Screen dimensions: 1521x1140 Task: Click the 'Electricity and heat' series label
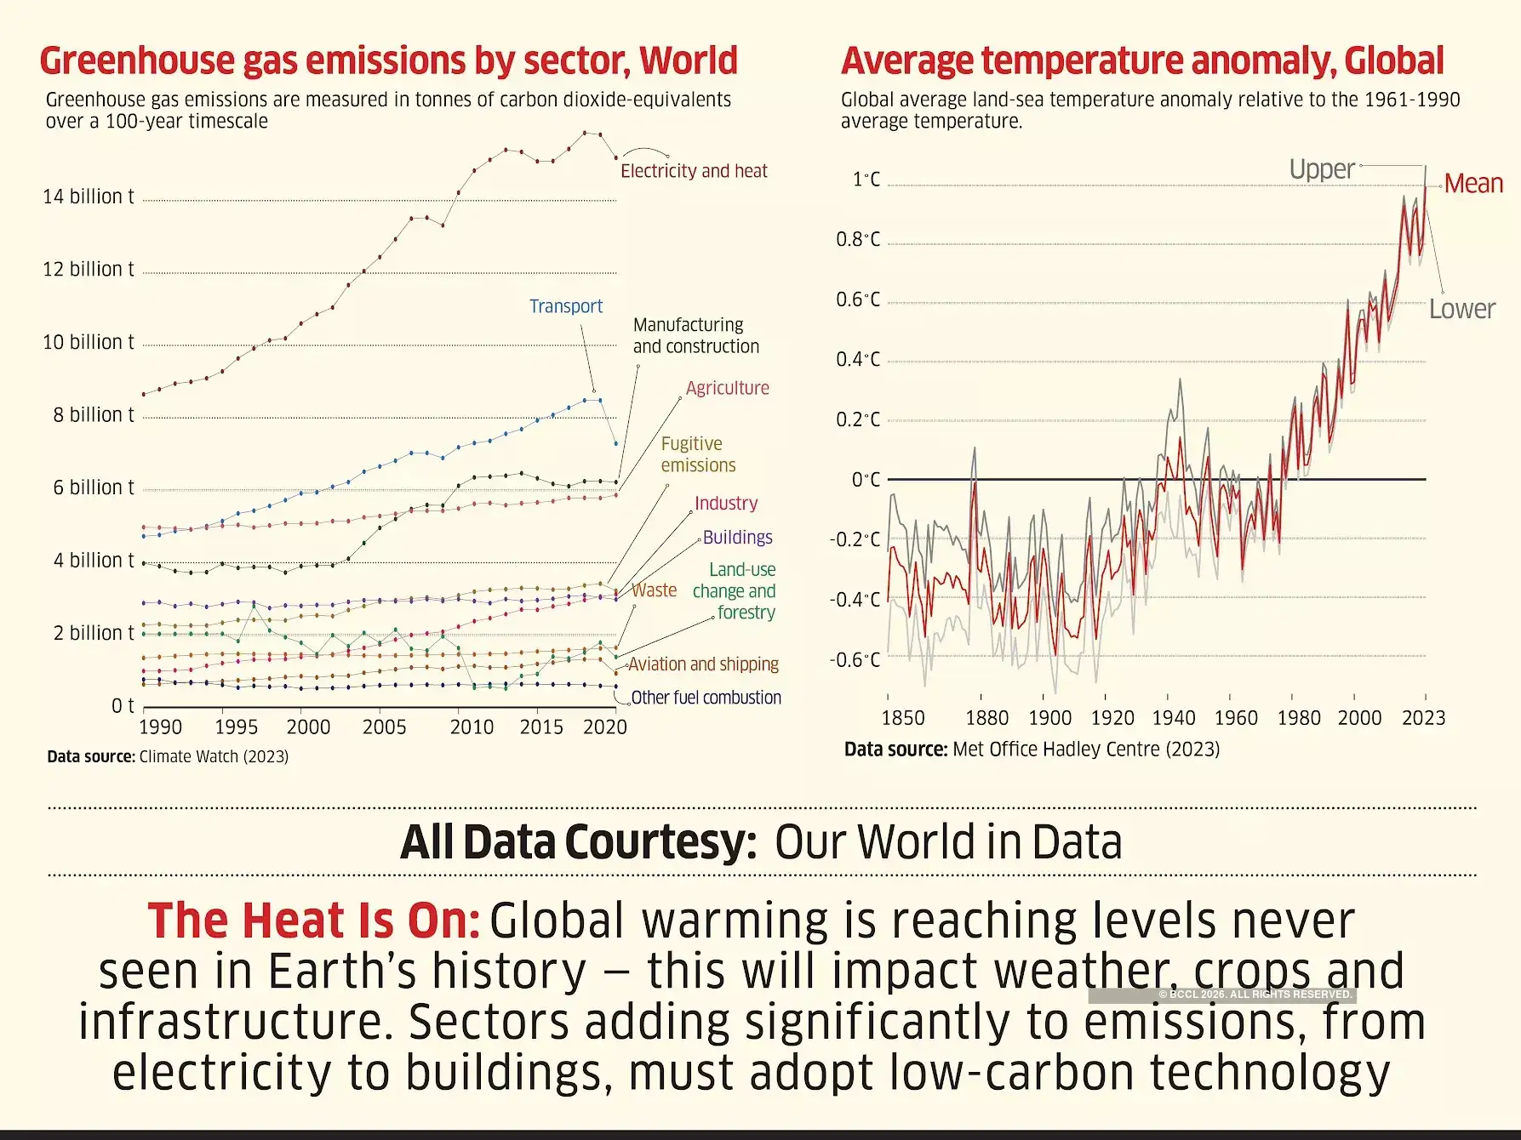694,171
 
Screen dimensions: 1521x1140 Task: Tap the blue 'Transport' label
565,306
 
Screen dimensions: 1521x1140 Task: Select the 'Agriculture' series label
727,388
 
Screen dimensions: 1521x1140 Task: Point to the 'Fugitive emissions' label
698,454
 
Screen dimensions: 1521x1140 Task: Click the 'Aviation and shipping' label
704,664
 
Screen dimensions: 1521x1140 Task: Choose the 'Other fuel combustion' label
706,698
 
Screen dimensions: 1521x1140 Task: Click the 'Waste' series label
654,590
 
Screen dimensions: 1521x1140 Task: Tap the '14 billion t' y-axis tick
89,197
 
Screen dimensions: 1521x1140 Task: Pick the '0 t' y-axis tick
123,706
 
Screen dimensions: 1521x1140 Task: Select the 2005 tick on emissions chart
384,727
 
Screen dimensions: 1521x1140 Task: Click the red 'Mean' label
1473,184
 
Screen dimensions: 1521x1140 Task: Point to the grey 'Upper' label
1321,169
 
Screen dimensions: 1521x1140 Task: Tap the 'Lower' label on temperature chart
1461,309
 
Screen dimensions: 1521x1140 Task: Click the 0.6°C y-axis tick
858,299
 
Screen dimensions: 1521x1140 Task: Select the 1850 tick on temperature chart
902,718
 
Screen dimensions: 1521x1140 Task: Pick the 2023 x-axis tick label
1423,718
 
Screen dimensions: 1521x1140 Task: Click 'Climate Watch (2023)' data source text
214,756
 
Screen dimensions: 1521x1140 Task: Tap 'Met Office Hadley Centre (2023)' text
1086,750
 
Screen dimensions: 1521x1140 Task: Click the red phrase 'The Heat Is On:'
313,921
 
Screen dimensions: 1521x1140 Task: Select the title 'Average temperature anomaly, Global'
1142,60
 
